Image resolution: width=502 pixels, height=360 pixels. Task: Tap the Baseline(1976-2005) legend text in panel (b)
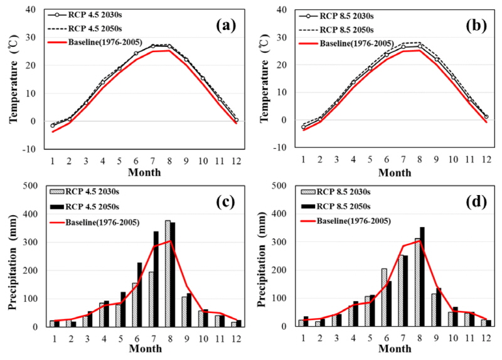(x=357, y=43)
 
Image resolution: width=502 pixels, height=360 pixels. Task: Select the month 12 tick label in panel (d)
(x=486, y=337)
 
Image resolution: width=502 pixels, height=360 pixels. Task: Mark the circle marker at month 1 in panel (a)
(x=53, y=125)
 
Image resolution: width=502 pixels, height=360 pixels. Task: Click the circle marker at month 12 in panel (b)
(x=486, y=117)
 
